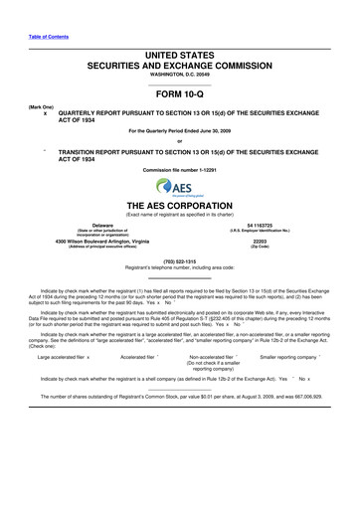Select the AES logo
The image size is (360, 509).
point(179,188)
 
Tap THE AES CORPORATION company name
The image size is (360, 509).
point(179,207)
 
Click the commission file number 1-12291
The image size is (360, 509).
point(179,171)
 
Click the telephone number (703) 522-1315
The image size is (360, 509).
point(179,262)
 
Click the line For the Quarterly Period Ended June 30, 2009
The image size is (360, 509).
point(179,131)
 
